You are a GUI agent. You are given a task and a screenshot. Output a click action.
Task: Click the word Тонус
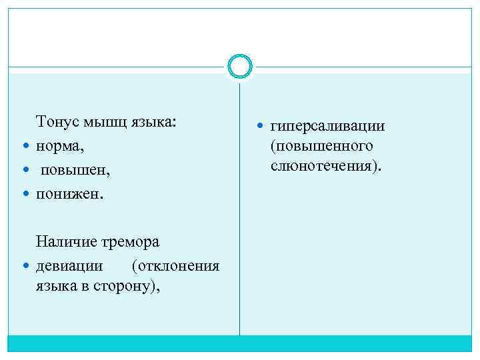(x=58, y=122)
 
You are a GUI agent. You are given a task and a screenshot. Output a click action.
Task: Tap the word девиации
(x=70, y=266)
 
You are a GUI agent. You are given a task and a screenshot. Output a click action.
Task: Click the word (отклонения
(x=176, y=266)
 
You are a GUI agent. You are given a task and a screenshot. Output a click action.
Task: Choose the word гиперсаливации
(x=328, y=126)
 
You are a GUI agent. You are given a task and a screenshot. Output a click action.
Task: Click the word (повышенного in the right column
(x=321, y=145)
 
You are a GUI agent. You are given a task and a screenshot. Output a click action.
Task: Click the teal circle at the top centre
(x=239, y=67)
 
